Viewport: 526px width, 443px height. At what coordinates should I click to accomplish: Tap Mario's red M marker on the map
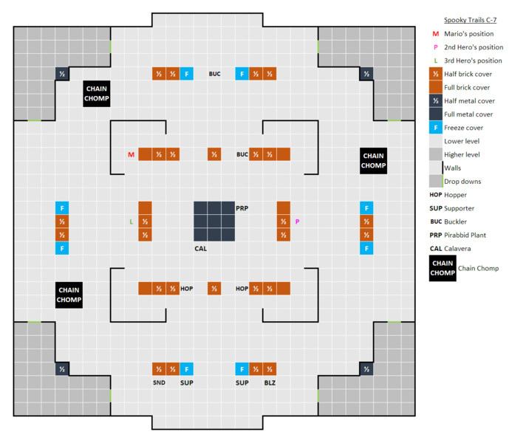pyautogui.click(x=131, y=154)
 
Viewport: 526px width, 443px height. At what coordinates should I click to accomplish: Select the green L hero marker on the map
pyautogui.click(x=131, y=221)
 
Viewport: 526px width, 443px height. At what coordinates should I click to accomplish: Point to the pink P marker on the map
pyautogui.click(x=297, y=221)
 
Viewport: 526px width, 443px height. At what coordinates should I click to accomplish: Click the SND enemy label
pyautogui.click(x=159, y=382)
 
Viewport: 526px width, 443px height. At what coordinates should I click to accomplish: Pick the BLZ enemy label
pyautogui.click(x=270, y=382)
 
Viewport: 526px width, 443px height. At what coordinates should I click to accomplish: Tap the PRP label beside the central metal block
pyautogui.click(x=242, y=208)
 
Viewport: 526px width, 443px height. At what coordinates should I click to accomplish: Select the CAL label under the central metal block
pyautogui.click(x=200, y=249)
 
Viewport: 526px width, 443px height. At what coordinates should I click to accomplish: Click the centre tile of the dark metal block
pyautogui.click(x=214, y=221)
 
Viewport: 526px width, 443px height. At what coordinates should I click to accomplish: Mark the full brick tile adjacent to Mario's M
pyautogui.click(x=145, y=154)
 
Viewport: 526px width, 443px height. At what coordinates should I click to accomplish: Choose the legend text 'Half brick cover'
pyautogui.click(x=468, y=74)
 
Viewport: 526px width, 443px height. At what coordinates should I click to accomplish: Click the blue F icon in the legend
pyautogui.click(x=436, y=128)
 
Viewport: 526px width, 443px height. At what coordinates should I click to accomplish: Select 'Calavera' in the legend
pyautogui.click(x=461, y=248)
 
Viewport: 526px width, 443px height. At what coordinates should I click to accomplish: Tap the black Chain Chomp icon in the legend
pyautogui.click(x=443, y=268)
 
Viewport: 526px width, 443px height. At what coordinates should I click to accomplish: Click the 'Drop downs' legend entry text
pyautogui.click(x=462, y=181)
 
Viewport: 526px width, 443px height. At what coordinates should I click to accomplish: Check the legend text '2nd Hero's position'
pyautogui.click(x=474, y=47)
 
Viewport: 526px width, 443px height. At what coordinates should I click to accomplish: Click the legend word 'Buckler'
pyautogui.click(x=459, y=221)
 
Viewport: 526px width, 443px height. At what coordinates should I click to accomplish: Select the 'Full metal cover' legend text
pyautogui.click(x=468, y=114)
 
